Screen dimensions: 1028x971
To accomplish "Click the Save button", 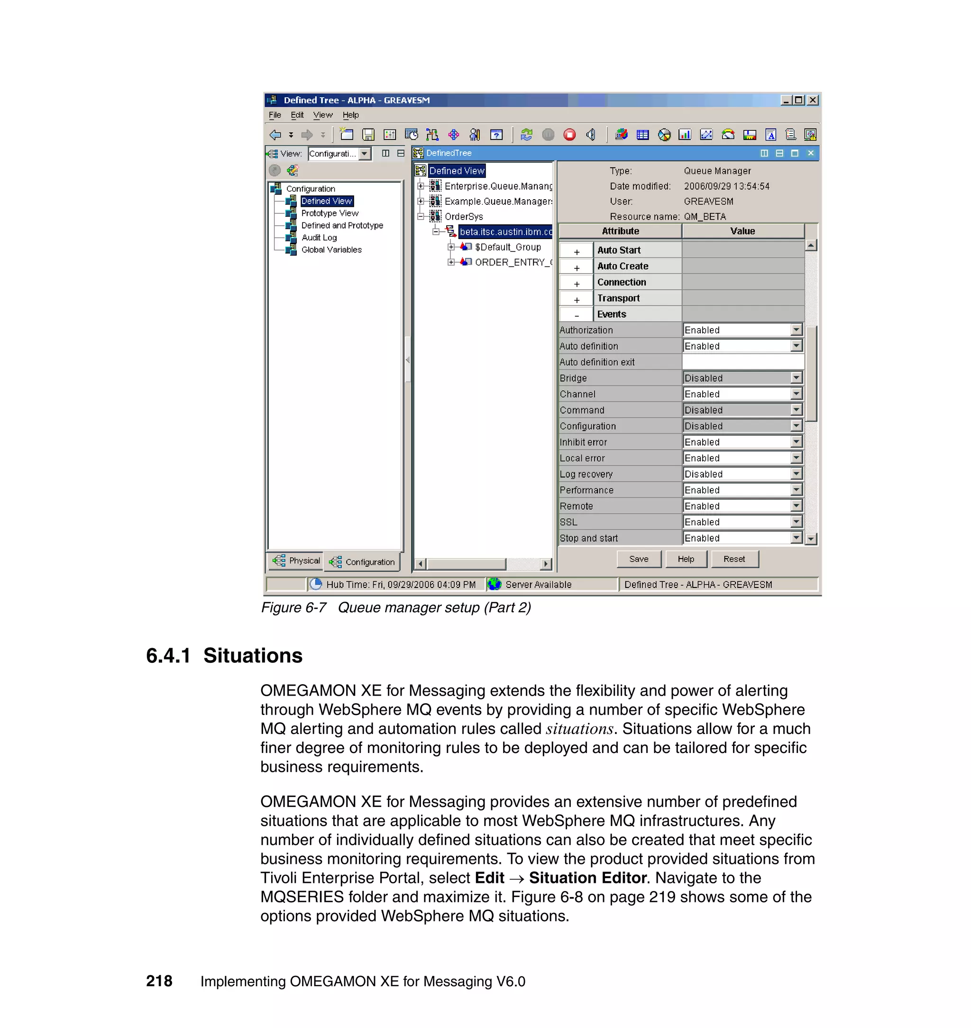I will point(639,559).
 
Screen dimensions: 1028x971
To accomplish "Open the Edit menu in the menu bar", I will point(297,115).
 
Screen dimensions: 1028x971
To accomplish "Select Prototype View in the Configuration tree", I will point(329,213).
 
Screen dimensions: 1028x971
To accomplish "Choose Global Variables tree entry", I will point(331,249).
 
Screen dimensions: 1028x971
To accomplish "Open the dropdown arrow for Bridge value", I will point(796,378).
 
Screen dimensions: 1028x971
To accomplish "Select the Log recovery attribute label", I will point(586,474).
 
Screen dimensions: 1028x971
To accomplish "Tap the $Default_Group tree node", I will point(507,247).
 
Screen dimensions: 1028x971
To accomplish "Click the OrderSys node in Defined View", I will point(463,216).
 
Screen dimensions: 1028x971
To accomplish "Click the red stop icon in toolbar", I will point(569,135).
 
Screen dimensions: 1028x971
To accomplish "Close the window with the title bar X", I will point(813,100).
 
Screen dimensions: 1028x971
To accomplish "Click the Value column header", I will point(742,231).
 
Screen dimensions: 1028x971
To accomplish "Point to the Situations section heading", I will point(253,656).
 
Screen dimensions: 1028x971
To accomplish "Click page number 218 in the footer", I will point(159,981).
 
